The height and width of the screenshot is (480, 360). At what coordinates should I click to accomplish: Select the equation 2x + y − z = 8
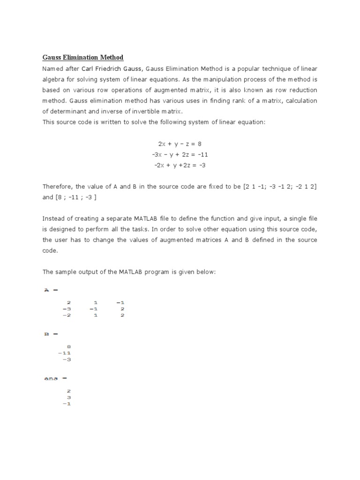tap(180, 143)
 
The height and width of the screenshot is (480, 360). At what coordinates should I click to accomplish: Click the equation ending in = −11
tap(180, 154)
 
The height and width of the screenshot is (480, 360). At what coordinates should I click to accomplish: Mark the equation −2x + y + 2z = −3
tap(180, 165)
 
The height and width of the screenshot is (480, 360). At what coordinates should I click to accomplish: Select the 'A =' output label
tap(51, 290)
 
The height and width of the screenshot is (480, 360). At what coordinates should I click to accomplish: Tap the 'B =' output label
tap(51, 334)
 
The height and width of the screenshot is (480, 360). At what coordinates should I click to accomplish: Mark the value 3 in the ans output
tap(68, 397)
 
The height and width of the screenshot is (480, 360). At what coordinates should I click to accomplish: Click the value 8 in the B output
tap(68, 347)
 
